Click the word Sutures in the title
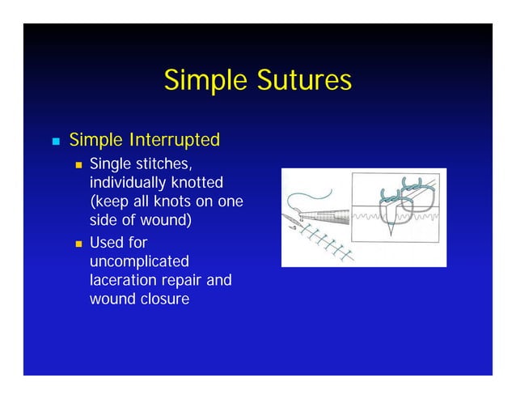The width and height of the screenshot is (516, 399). click(303, 81)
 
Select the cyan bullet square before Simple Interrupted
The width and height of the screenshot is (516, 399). click(56, 142)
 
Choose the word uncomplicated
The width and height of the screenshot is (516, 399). click(139, 261)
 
